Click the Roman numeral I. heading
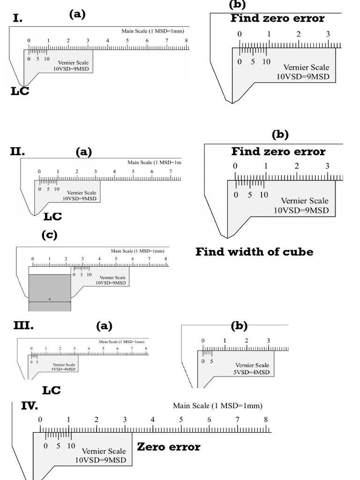tap(18, 18)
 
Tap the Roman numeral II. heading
tap(17, 151)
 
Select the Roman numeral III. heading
tap(23, 325)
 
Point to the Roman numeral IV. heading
tap(29, 405)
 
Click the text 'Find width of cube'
tap(254, 252)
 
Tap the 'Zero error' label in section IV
tap(168, 447)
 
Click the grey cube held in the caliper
tap(50, 288)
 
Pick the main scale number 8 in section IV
tap(266, 420)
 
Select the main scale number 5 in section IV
tap(181, 420)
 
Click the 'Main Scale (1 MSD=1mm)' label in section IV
tap(217, 405)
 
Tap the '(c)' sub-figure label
tap(49, 235)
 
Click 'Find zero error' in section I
tap(277, 19)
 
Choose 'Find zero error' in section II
tap(278, 151)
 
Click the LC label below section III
tap(51, 390)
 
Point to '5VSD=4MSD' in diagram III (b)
tap(252, 372)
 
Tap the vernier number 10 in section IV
tap(71, 446)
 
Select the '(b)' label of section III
tap(239, 326)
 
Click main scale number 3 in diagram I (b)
tap(328, 34)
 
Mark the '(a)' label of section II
tap(84, 152)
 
